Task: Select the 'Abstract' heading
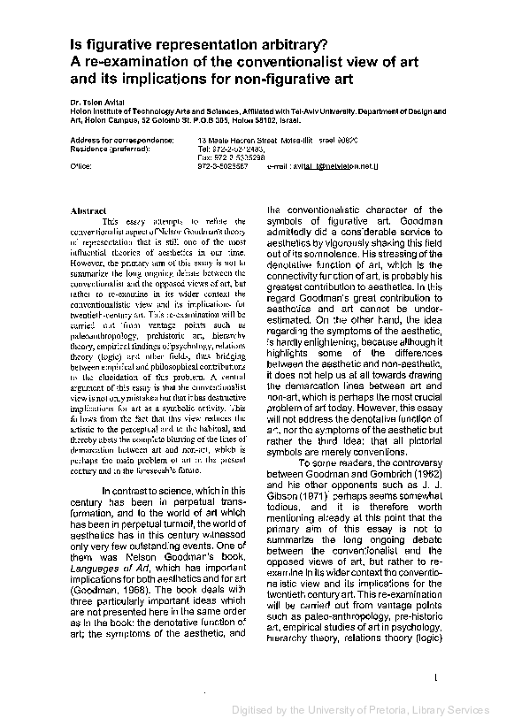[88, 210]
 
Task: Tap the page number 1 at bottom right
[437, 678]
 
